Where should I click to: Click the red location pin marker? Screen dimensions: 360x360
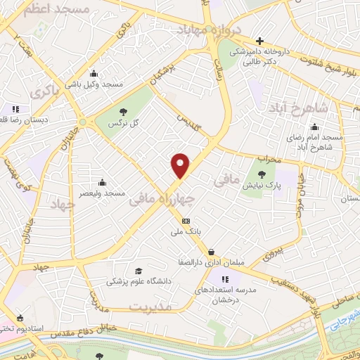click(181, 165)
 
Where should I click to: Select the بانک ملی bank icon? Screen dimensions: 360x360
click(186, 221)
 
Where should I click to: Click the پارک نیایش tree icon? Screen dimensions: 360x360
click(262, 174)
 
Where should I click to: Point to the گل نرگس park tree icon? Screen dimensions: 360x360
click(124, 112)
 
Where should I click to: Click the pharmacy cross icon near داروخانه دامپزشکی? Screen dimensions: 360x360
click(259, 41)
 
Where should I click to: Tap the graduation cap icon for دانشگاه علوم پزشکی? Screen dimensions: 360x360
click(139, 271)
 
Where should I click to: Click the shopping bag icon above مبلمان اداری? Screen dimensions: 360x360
click(211, 252)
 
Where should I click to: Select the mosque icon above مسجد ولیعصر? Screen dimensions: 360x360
click(103, 182)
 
